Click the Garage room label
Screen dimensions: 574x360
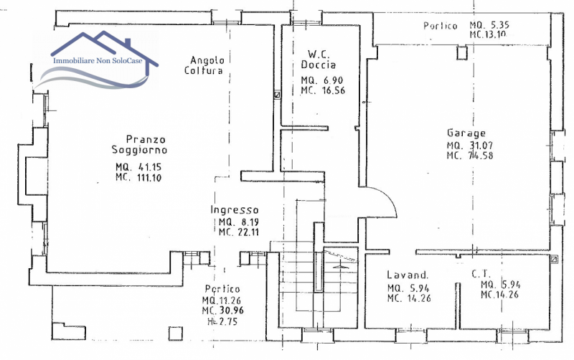pyautogui.click(x=466, y=133)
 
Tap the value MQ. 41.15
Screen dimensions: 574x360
pyautogui.click(x=138, y=167)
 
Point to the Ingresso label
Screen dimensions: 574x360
pyautogui.click(x=235, y=209)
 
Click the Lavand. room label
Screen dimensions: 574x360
pyautogui.click(x=408, y=275)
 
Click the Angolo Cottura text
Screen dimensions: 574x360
pyautogui.click(x=204, y=65)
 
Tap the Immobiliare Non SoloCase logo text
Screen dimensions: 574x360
pyautogui.click(x=98, y=61)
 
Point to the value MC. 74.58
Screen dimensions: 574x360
pyautogui.click(x=470, y=155)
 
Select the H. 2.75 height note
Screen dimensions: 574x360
pyautogui.click(x=222, y=321)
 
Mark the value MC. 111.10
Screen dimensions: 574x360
pyautogui.click(x=138, y=178)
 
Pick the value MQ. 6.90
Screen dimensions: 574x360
pyautogui.click(x=322, y=80)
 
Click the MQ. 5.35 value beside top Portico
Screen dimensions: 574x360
pyautogui.click(x=489, y=25)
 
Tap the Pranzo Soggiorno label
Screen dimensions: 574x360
pyautogui.click(x=139, y=145)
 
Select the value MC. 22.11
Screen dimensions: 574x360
pyautogui.click(x=239, y=232)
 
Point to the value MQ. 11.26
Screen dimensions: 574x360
pyautogui.click(x=222, y=300)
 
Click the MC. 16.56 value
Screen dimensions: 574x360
pyautogui.click(x=323, y=90)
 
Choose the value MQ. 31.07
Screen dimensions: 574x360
pyautogui.click(x=470, y=146)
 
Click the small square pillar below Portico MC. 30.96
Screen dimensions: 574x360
pyautogui.click(x=175, y=333)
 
